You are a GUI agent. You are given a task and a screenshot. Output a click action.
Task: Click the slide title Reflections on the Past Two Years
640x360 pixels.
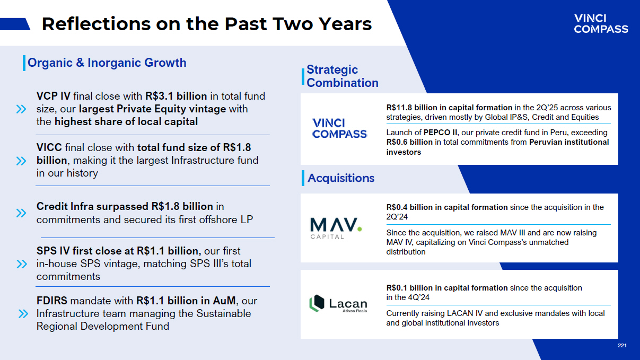[x=207, y=24]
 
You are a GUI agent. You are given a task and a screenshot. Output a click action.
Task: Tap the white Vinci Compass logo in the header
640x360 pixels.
[x=601, y=24]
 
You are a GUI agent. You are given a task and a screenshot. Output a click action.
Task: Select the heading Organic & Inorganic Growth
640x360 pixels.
[x=107, y=63]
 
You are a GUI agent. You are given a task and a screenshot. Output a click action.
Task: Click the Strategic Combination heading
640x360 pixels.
[x=343, y=76]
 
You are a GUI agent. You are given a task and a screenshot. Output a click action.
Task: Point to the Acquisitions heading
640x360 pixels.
[x=341, y=178]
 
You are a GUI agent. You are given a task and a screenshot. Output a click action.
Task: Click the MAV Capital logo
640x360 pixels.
[x=336, y=228]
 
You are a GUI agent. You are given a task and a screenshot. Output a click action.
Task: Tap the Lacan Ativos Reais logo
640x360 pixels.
[x=338, y=303]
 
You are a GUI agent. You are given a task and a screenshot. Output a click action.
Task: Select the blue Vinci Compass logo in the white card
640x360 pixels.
[x=340, y=128]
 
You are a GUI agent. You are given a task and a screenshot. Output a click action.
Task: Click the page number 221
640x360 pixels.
[x=622, y=346]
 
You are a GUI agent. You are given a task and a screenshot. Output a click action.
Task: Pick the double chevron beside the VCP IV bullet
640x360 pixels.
[x=21, y=109]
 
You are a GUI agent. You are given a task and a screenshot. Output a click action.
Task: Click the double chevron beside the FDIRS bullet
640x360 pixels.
[x=23, y=314]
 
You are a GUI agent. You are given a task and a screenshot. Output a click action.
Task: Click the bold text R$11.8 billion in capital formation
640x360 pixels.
[x=449, y=108]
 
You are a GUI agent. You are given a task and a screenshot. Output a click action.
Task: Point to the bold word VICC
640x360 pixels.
[x=49, y=147]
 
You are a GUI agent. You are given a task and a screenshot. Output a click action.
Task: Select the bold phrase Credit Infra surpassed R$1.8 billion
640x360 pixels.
[x=125, y=206]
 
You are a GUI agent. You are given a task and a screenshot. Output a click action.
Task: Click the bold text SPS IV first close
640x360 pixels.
[x=85, y=251]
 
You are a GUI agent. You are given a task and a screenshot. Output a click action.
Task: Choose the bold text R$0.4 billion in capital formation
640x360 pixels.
[x=447, y=207]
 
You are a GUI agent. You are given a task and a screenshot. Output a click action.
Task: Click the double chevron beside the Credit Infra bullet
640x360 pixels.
[x=21, y=213]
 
